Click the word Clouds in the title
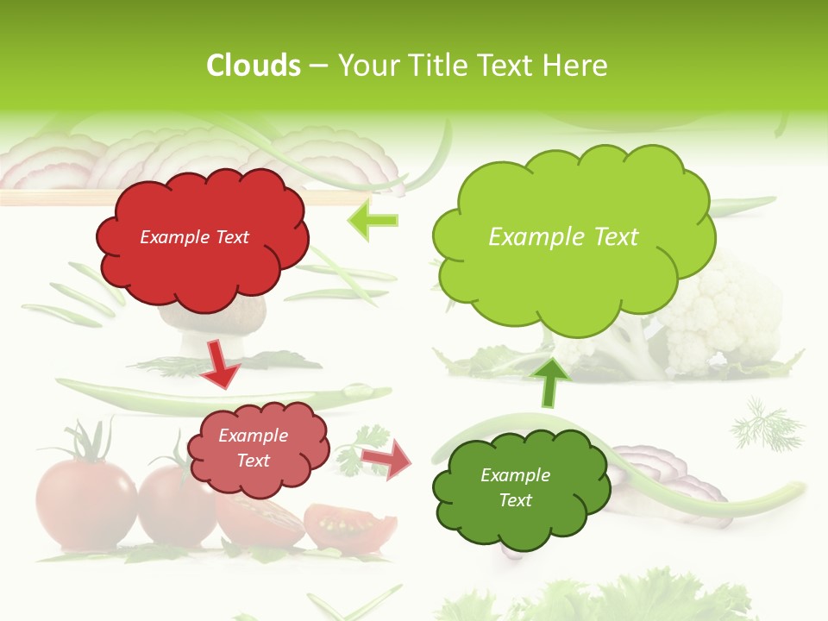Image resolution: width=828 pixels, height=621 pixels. click(254, 66)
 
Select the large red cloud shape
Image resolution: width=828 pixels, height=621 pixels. click(202, 239)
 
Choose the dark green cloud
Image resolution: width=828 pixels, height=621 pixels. click(516, 486)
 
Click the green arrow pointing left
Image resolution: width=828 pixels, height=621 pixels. click(373, 220)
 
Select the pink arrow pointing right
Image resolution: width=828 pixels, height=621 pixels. click(386, 459)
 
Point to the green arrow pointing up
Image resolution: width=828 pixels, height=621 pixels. click(551, 382)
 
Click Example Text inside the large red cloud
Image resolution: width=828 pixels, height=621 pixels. click(194, 237)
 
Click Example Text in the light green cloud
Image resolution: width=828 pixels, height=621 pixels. click(563, 237)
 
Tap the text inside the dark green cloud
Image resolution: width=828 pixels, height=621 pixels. click(515, 487)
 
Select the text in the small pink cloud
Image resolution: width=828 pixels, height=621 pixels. click(253, 448)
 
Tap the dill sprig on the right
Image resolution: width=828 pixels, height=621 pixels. click(766, 424)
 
